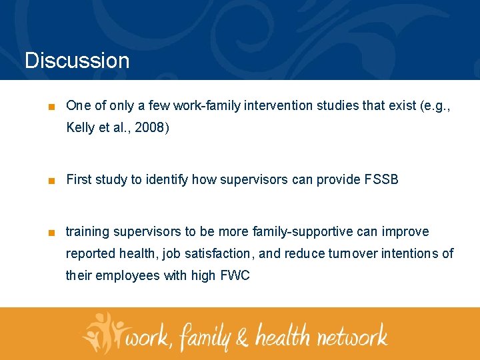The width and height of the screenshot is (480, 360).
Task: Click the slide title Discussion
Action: pyautogui.click(x=77, y=61)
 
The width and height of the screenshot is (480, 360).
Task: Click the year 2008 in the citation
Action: pyautogui.click(x=151, y=127)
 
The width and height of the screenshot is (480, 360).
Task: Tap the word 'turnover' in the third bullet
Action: pyautogui.click(x=349, y=253)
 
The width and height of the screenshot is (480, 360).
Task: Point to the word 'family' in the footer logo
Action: pyautogui.click(x=205, y=335)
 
